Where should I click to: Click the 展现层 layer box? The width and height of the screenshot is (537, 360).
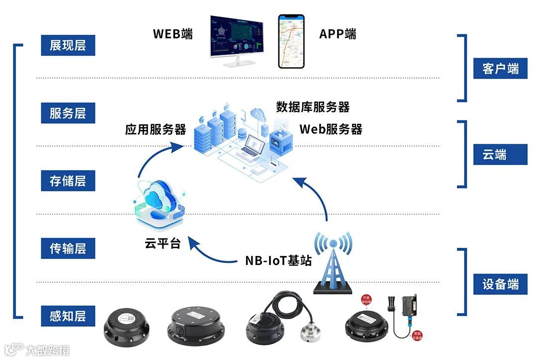click(x=68, y=46)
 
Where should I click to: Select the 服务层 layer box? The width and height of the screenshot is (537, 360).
click(x=68, y=113)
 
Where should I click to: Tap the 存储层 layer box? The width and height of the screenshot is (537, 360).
click(x=68, y=181)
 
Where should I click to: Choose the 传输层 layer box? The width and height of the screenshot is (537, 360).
click(x=68, y=248)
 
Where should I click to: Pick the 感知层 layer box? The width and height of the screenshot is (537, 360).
click(x=68, y=316)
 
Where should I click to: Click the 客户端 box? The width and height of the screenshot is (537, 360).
click(x=500, y=69)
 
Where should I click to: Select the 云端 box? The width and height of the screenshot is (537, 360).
click(x=500, y=155)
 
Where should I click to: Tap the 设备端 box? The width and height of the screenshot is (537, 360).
click(x=500, y=284)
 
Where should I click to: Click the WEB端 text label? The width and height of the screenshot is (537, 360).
click(x=173, y=34)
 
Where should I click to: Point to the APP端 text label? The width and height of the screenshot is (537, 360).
click(x=338, y=34)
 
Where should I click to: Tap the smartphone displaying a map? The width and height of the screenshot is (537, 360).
click(x=291, y=41)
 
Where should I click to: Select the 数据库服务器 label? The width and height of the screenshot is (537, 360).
click(x=313, y=107)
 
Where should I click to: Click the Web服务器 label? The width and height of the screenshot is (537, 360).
click(x=331, y=129)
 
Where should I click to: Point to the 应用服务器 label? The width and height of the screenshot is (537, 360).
click(x=155, y=130)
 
